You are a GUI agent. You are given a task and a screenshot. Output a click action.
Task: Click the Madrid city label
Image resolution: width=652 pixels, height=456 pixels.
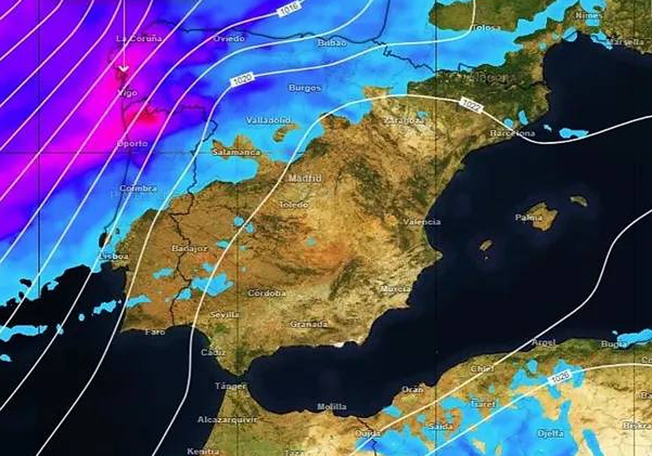[x=305, y=178]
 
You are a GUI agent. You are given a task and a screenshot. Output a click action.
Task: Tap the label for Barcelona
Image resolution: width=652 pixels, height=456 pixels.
[x=512, y=133]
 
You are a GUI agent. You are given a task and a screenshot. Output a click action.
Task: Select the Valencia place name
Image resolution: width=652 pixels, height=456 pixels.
[x=422, y=221]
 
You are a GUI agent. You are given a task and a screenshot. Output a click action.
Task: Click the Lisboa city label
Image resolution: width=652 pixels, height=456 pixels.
[x=114, y=256]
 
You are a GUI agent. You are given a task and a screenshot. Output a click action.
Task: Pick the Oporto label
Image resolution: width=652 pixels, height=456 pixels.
[x=131, y=144]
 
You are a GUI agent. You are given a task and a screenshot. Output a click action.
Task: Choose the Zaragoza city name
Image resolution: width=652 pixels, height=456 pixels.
[x=404, y=121]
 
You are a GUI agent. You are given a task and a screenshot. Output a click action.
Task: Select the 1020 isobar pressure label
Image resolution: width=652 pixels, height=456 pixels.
[x=242, y=80]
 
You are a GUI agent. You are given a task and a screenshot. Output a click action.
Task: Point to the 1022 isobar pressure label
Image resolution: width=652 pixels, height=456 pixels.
[x=471, y=105]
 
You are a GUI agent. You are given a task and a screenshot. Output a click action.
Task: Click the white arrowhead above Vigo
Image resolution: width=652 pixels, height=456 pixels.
[x=123, y=68]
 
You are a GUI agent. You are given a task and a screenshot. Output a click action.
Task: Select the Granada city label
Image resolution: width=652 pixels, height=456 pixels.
[x=309, y=324]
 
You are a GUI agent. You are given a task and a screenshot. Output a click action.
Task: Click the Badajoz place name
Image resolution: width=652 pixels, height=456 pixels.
[x=190, y=248]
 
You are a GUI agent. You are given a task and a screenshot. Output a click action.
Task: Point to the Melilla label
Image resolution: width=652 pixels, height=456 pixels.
[x=331, y=406]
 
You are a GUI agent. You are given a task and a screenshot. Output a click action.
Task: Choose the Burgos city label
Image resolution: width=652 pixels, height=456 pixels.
[x=305, y=87]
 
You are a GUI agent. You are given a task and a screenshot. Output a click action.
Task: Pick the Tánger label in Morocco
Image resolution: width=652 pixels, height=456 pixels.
[x=230, y=386]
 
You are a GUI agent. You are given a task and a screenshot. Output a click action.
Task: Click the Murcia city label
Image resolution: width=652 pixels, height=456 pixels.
[x=396, y=289]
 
